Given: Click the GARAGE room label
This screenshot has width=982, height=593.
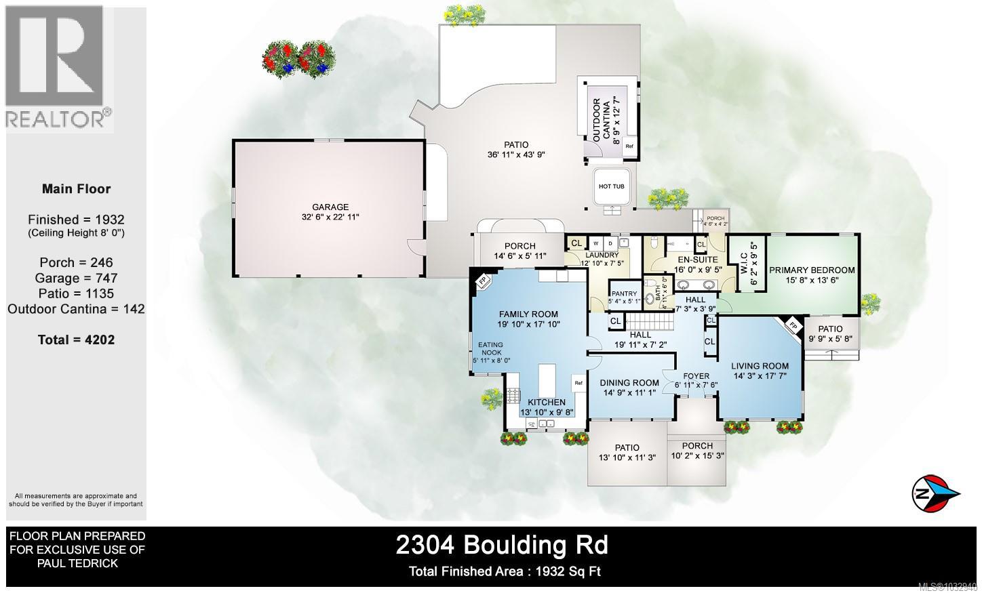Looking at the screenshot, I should tap(330, 207).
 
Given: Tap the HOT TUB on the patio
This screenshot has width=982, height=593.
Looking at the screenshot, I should tap(611, 186).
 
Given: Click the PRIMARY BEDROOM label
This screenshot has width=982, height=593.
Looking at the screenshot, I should tap(812, 270).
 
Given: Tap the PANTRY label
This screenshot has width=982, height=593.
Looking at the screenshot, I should tap(625, 293).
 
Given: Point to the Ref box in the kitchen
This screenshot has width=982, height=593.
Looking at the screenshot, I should tap(578, 383).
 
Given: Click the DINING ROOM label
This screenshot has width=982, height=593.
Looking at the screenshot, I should tap(629, 383).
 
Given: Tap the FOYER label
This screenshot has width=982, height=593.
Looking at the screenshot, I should tap(696, 376).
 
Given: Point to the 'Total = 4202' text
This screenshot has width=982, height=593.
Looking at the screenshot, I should tap(76, 340).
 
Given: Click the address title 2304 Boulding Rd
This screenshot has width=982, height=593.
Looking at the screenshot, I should tap(502, 545).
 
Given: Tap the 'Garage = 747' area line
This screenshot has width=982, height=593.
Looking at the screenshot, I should tap(76, 278).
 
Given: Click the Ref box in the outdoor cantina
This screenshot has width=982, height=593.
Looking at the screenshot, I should tap(629, 146).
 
